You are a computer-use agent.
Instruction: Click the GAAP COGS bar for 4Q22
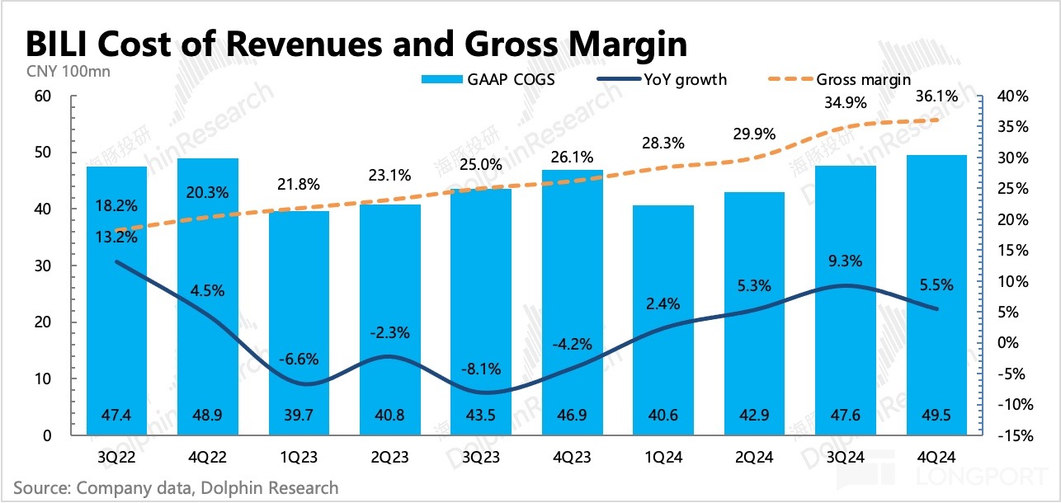click(x=209, y=297)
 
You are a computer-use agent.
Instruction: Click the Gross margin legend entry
click(x=863, y=80)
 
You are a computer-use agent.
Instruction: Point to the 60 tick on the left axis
click(x=41, y=96)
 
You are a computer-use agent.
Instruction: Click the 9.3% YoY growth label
click(x=845, y=261)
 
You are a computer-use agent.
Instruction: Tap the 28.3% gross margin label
click(x=663, y=143)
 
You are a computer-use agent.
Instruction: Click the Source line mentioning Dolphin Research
click(x=176, y=488)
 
